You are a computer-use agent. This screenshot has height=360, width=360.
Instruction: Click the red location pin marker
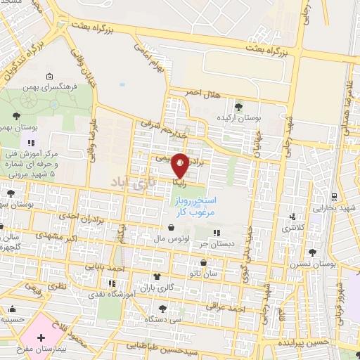[x=180, y=165]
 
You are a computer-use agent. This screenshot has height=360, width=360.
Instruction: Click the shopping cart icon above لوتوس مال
[x=172, y=227]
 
